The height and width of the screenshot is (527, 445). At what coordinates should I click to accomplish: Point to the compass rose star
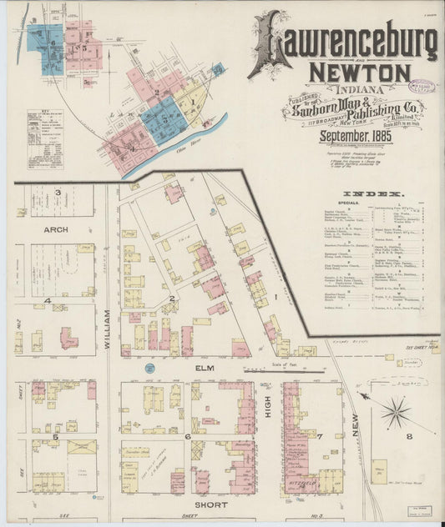click(396, 412)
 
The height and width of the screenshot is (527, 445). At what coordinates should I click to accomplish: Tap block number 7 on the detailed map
click(318, 435)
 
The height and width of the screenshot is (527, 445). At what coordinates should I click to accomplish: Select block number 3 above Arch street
click(58, 193)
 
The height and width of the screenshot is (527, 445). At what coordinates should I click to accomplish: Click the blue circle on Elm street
click(149, 368)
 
